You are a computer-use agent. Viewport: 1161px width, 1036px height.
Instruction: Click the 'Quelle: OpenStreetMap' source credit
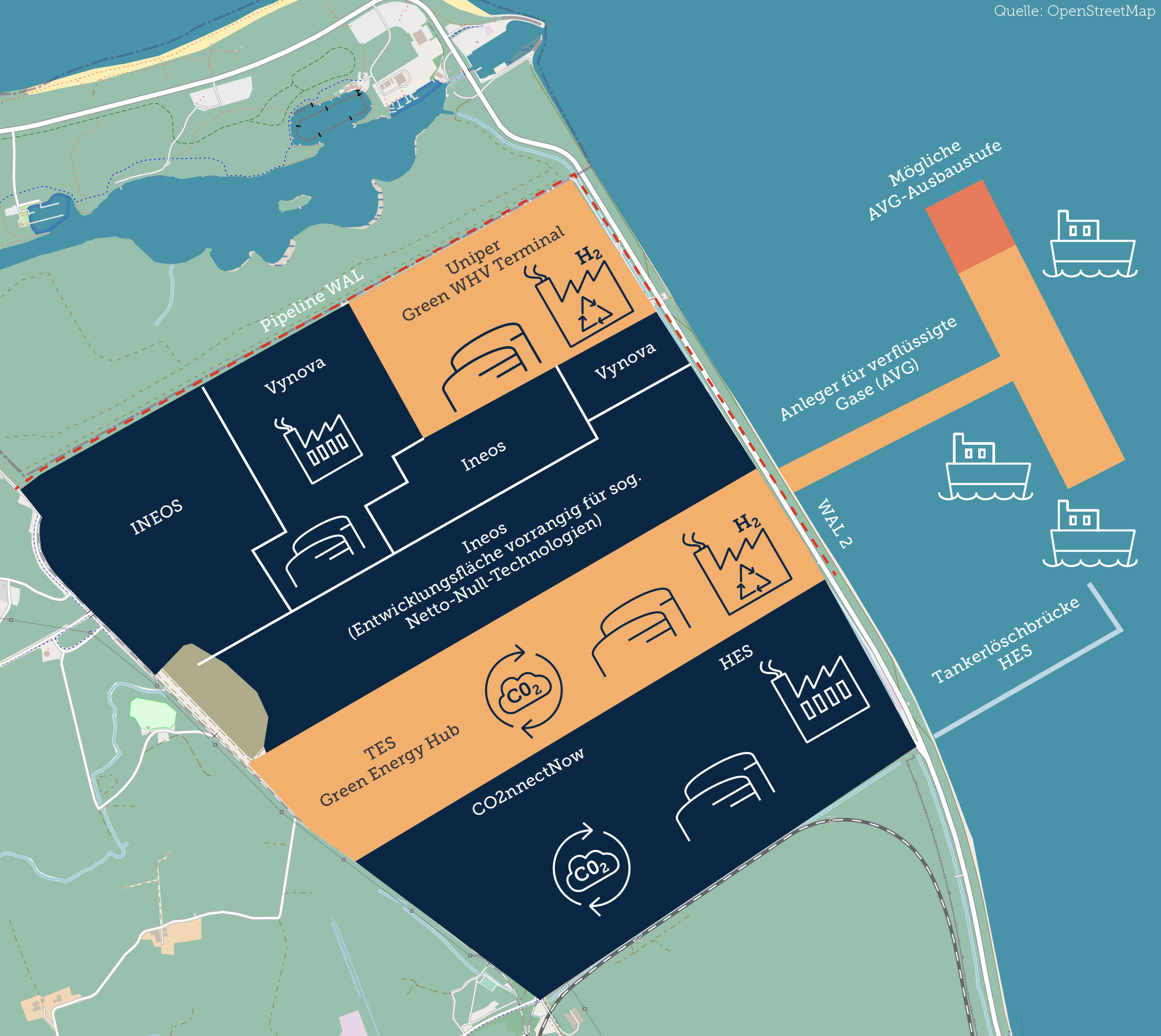[1074, 12]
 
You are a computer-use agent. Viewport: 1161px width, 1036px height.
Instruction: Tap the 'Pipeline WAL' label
[311, 300]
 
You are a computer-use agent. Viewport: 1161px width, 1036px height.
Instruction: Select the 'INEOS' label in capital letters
[156, 517]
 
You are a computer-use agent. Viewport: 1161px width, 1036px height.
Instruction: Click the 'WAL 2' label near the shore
[834, 524]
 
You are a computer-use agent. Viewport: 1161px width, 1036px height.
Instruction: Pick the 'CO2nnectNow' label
[528, 781]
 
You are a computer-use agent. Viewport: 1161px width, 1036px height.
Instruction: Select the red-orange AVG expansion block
[971, 226]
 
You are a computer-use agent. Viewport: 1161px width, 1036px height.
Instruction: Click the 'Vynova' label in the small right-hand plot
[624, 360]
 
